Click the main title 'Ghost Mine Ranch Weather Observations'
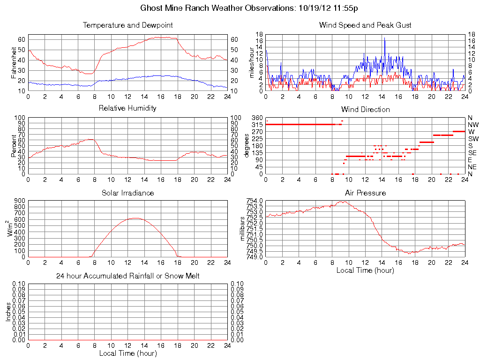249,8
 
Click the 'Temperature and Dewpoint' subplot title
127,25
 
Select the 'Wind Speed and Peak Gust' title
365,25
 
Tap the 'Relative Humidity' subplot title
127,108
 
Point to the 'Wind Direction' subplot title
365,110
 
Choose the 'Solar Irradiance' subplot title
127,193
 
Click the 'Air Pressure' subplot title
365,193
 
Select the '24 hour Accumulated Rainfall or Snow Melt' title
127,276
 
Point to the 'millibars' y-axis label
243,229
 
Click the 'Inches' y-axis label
8,312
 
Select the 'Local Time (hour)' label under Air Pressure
365,270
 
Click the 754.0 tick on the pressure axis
254,201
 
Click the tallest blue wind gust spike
384,38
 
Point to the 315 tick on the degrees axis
257,125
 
